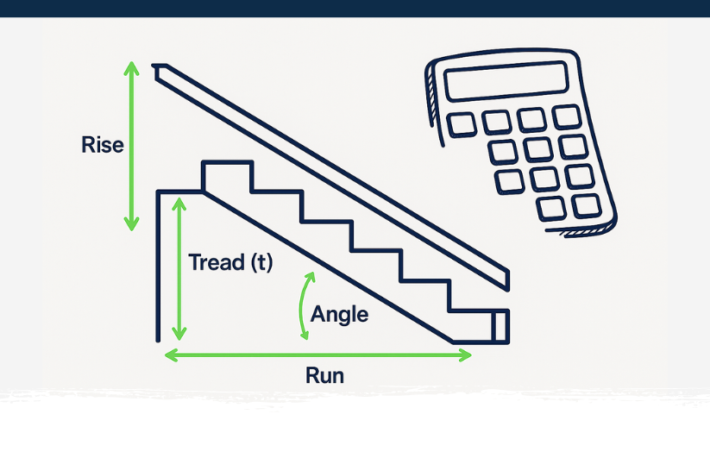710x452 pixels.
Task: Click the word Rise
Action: coord(103,144)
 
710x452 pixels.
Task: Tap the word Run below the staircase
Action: coord(324,376)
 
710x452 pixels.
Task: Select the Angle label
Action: coord(339,314)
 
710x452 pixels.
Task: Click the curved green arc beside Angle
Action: coord(303,306)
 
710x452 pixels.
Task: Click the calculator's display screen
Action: coord(505,83)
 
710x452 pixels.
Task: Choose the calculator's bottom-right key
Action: coord(586,205)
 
